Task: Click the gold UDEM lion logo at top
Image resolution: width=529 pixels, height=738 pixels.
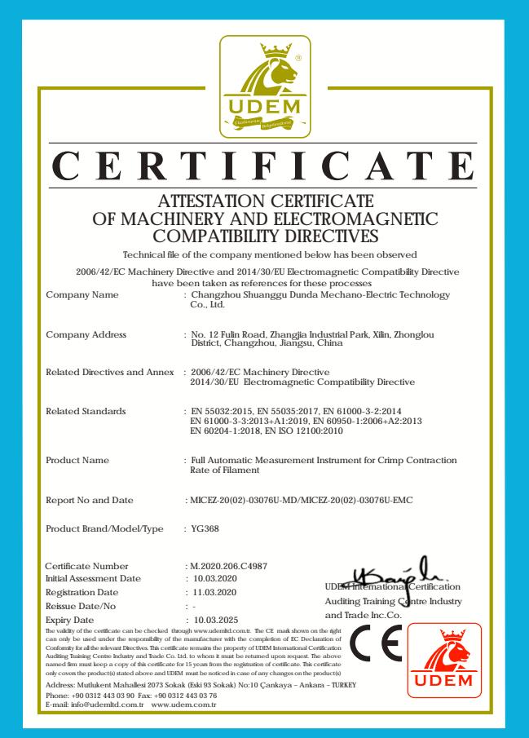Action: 265,86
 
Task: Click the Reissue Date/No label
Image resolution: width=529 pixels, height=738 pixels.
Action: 82,605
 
